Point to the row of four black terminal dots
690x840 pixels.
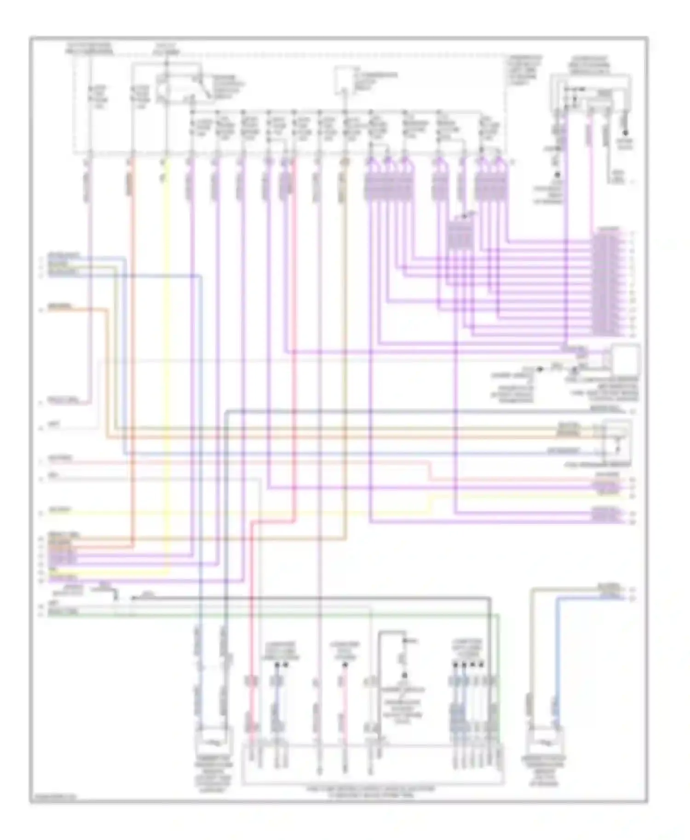(x=468, y=664)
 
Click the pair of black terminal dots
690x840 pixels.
(x=281, y=664)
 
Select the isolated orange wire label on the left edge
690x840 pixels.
(x=60, y=306)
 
